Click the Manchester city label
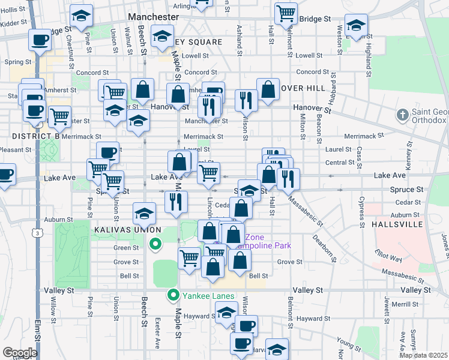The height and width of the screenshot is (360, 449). tap(154, 18)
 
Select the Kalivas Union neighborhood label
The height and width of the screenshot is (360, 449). tap(127, 230)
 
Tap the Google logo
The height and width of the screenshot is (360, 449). tap(20, 353)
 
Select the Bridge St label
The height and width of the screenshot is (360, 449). tap(315, 19)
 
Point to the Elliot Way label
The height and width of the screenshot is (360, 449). tap(388, 257)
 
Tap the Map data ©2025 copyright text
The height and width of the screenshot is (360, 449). tap(424, 355)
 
